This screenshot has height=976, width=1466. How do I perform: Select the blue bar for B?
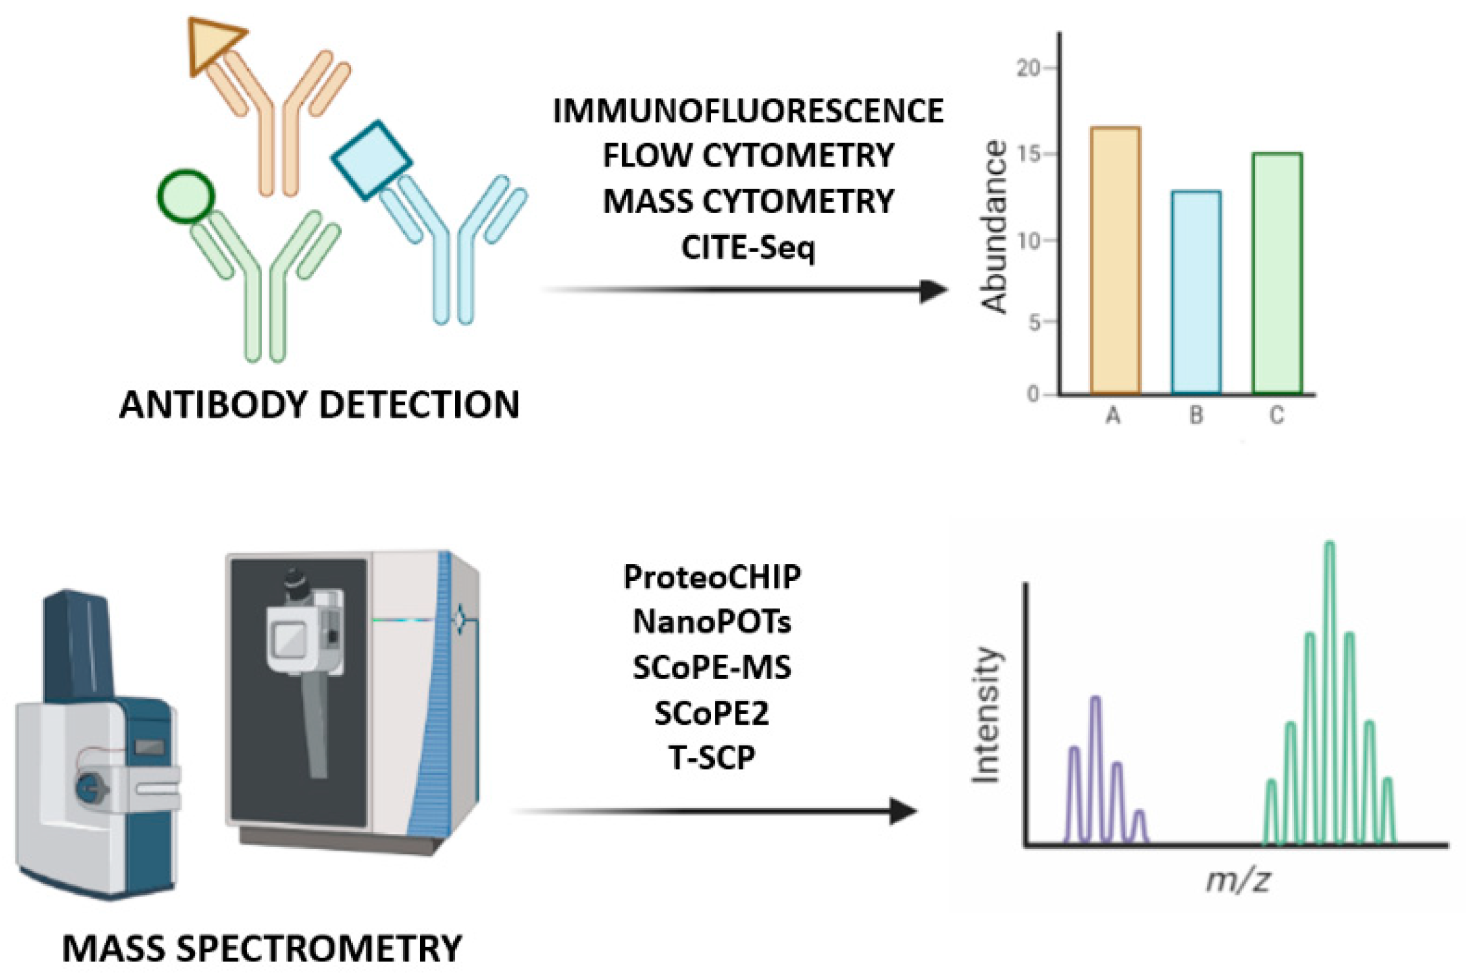coord(1196,292)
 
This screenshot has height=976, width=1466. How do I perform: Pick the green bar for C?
coord(1277,273)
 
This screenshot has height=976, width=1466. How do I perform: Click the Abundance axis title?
coord(994,227)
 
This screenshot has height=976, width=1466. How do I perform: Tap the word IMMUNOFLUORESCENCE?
coord(748,112)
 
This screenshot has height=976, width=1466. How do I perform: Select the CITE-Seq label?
coord(748,248)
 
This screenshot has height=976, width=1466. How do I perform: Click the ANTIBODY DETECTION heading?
coord(319,405)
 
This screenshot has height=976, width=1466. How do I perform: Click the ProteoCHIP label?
coord(712,577)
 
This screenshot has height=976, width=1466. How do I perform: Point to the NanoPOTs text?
coord(712,621)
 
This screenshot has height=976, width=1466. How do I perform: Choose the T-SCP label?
coord(712,758)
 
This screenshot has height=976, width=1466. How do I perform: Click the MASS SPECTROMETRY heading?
coord(262,949)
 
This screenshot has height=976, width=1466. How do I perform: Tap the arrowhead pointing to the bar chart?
coord(934,291)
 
